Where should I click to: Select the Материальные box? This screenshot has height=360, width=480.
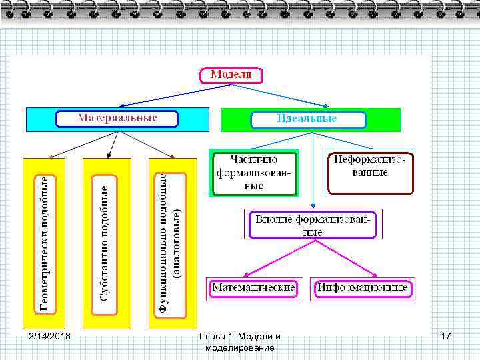[x=117, y=119]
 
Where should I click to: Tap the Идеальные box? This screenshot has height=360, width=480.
[x=308, y=119]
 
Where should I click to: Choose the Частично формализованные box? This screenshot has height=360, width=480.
[x=254, y=173]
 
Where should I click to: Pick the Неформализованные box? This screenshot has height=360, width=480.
[x=370, y=171]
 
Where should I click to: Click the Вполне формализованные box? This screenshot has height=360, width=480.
[x=313, y=224]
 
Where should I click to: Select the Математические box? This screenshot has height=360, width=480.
[x=253, y=288]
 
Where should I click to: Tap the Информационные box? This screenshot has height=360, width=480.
[x=362, y=288]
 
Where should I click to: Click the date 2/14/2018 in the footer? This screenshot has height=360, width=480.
[x=51, y=336]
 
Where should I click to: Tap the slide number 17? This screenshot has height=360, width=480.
[x=446, y=336]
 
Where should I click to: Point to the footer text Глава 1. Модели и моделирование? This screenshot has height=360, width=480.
[x=240, y=342]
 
